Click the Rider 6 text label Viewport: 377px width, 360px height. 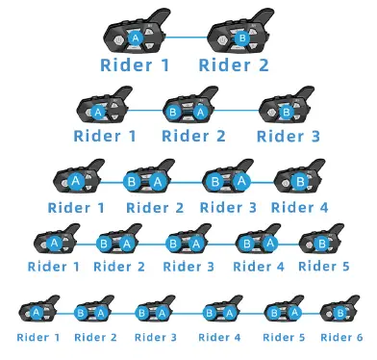click(x=341, y=337)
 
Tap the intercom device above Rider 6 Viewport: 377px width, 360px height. click(x=339, y=311)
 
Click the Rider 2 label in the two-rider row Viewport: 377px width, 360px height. click(x=233, y=64)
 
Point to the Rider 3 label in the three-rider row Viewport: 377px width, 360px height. click(x=289, y=136)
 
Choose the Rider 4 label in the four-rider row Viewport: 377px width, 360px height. click(x=299, y=207)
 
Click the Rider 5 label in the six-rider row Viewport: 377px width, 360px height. click(x=284, y=337)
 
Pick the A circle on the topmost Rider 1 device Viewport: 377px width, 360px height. click(x=136, y=38)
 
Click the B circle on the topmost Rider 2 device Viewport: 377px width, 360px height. click(x=242, y=38)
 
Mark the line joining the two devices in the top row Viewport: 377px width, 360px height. click(x=189, y=38)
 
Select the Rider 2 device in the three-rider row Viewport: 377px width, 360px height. click(x=191, y=108)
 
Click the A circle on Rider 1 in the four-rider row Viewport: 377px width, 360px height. click(x=75, y=180)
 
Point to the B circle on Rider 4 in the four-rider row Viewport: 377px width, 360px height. click(x=299, y=180)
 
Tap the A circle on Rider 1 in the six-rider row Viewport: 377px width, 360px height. click(x=36, y=312)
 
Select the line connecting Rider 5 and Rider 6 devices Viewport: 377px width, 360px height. click(x=312, y=313)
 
